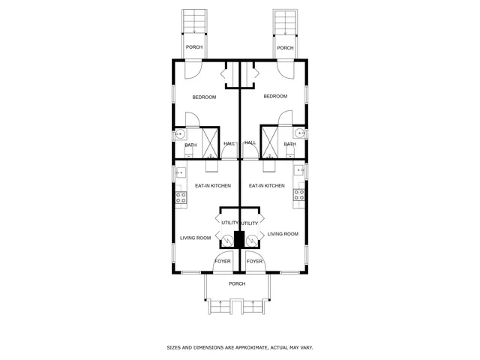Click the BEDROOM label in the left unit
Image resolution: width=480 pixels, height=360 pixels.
point(204,97)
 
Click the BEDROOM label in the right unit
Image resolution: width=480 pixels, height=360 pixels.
point(275,96)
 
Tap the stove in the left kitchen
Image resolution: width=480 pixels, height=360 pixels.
point(181,198)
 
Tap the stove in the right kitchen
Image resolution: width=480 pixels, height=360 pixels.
point(298,196)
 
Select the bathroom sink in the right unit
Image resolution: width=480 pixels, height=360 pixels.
point(299,134)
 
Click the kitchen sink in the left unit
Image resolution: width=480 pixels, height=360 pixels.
point(180,173)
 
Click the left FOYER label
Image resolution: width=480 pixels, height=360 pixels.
point(223,261)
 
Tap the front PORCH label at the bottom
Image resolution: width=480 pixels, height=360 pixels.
point(237,283)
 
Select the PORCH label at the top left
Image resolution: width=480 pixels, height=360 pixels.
point(194,47)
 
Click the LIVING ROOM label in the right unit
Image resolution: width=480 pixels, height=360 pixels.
point(283,234)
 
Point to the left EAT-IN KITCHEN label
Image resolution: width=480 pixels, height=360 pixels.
point(213,185)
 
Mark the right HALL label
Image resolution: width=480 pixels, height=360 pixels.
point(250,142)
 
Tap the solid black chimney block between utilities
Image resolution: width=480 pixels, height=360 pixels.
point(239,239)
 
